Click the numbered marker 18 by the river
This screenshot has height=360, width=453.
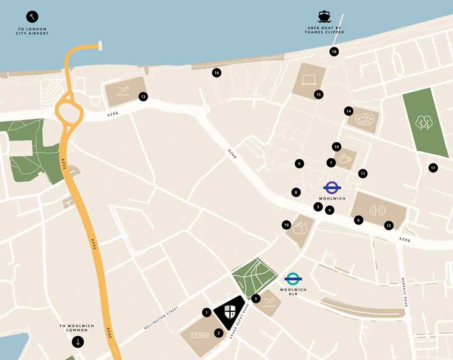click(333, 52)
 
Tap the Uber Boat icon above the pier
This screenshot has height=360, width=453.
click(324, 17)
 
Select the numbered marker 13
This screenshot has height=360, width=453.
click(143, 97)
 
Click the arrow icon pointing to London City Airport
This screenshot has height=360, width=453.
click(32, 17)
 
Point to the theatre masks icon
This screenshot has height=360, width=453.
click(363, 119)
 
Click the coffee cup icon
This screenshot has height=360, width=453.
click(345, 159)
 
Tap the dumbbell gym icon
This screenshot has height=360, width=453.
click(377, 210)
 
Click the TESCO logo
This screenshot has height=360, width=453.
click(200, 335)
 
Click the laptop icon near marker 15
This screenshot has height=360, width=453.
click(309, 79)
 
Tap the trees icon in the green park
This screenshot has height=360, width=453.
click(424, 122)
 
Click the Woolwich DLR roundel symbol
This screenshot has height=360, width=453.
click(293, 279)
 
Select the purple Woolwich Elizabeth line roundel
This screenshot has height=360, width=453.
click(332, 188)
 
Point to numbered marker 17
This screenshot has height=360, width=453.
click(433, 168)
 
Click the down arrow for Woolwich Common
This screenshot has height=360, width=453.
click(78, 342)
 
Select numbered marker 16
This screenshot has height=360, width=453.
click(217, 73)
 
